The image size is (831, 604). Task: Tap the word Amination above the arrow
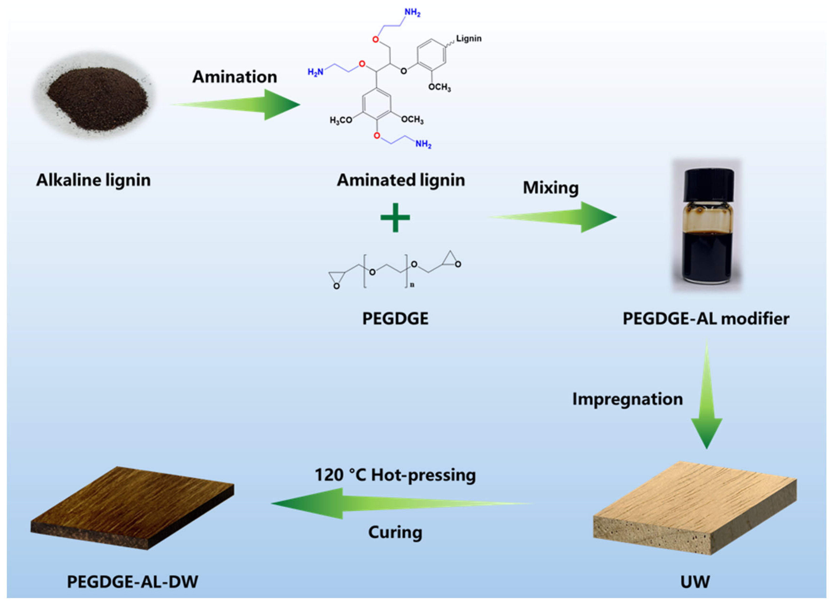tap(235, 77)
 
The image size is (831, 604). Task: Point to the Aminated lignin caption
tap(400, 180)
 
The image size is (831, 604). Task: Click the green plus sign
tap(395, 218)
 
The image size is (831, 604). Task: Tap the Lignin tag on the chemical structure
tap(469, 39)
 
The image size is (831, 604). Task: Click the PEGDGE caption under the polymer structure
tap(395, 318)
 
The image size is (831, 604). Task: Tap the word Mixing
tap(550, 188)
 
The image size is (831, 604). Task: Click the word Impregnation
tap(627, 399)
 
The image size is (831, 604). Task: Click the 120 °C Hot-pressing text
tap(395, 475)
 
